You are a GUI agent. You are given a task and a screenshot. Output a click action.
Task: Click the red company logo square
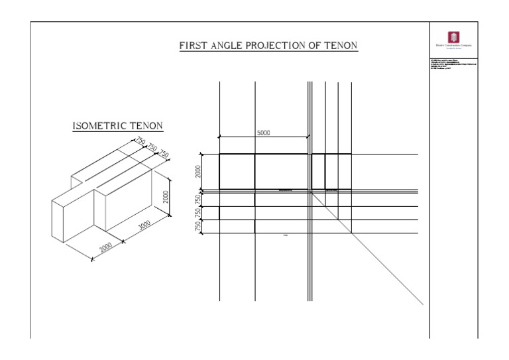[x=454, y=37]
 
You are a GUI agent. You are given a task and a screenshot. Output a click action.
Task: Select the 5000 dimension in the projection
[x=263, y=133]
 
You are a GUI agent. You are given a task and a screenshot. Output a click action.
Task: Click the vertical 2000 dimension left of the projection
[x=197, y=172]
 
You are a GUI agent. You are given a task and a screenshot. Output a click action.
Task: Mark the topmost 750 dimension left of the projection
[x=197, y=199]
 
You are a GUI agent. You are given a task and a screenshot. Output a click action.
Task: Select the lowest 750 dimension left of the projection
[x=197, y=226]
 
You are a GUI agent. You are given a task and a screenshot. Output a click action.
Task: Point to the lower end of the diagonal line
[x=422, y=304]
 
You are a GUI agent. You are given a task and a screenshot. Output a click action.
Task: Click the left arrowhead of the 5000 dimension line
[x=220, y=137]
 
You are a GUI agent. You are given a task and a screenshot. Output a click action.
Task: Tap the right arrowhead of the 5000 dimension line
[x=308, y=137]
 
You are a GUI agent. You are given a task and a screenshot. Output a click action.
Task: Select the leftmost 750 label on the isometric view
[x=141, y=141]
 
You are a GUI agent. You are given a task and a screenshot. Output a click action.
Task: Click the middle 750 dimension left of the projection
[x=197, y=213]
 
